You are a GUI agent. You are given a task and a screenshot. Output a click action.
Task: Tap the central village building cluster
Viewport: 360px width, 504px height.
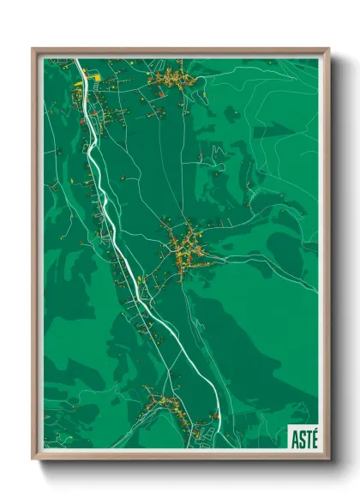[185, 249]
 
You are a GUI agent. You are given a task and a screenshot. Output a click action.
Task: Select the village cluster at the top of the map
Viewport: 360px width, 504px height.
[172, 81]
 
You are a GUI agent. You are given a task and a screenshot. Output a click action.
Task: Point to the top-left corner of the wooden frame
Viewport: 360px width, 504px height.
[33, 50]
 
